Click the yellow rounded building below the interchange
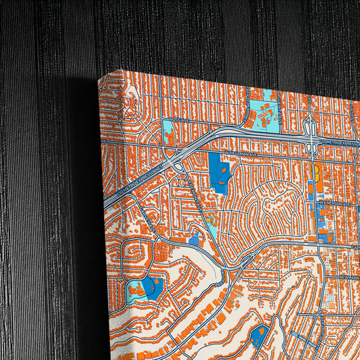pos(316,173)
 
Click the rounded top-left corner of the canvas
pos(103,80)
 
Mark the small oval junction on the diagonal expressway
pos(178,167)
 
